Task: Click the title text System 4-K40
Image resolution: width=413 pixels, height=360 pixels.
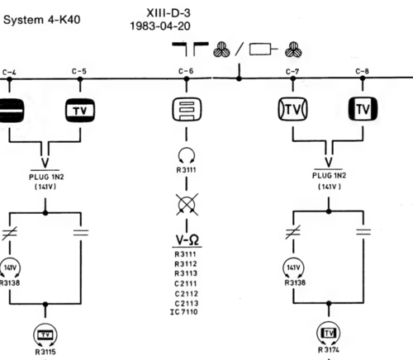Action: click(41, 20)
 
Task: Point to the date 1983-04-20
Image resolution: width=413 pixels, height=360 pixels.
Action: click(160, 26)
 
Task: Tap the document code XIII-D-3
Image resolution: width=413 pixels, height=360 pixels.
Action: click(169, 13)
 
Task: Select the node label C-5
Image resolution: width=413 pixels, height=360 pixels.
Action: click(79, 71)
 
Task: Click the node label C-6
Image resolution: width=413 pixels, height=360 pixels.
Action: click(186, 71)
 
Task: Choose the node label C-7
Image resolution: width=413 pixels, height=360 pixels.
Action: click(292, 72)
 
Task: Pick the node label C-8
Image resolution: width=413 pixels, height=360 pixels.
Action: click(362, 71)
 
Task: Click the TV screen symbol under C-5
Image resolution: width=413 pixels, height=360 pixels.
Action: click(80, 110)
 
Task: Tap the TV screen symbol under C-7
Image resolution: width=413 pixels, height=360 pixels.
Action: click(292, 109)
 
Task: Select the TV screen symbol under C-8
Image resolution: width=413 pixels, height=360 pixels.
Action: click(363, 109)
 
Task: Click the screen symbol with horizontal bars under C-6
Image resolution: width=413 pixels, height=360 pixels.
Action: click(187, 109)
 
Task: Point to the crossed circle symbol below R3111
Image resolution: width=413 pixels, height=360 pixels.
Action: click(187, 205)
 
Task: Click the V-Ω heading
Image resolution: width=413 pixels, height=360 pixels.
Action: click(188, 240)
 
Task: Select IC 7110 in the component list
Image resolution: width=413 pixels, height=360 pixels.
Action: click(184, 312)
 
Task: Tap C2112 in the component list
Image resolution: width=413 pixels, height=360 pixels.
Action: click(187, 294)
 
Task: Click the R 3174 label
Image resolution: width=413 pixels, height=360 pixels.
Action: click(329, 350)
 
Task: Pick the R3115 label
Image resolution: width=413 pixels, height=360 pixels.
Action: click(45, 352)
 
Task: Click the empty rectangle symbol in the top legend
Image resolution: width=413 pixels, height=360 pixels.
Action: click(260, 50)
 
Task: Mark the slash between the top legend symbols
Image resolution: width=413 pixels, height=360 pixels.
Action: click(240, 49)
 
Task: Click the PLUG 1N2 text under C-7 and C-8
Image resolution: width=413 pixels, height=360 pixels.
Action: click(329, 176)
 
